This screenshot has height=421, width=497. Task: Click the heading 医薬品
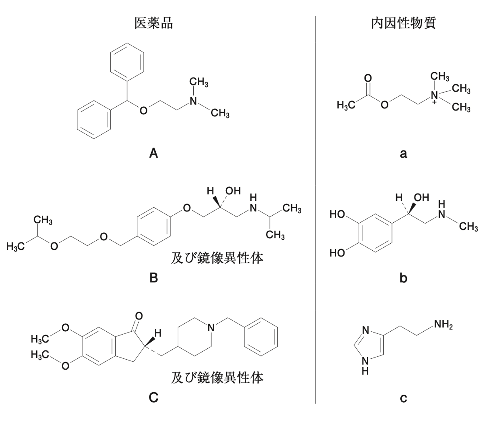[154, 23]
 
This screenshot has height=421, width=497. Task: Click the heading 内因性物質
[404, 23]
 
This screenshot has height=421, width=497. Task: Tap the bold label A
[154, 153]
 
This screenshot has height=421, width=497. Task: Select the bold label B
[154, 278]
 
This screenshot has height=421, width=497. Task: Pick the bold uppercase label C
[154, 398]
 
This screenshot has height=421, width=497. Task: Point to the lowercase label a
[404, 154]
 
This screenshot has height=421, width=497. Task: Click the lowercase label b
[404, 278]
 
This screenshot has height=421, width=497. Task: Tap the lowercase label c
[404, 399]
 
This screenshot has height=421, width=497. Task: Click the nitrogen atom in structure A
[193, 101]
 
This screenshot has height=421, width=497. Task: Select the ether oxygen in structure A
[144, 111]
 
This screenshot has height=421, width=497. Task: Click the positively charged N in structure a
[434, 95]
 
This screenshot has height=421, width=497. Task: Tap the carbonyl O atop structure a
[368, 78]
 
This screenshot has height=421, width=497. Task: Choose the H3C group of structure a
[346, 105]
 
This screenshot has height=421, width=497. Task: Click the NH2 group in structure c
[443, 325]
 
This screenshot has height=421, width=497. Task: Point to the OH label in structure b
[422, 197]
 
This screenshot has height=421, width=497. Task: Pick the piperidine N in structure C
[211, 327]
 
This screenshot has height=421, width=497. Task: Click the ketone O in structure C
[139, 316]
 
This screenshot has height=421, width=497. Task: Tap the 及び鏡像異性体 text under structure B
[217, 258]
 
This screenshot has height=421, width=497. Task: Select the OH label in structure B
[233, 191]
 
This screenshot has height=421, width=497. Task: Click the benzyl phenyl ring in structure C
[261, 337]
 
